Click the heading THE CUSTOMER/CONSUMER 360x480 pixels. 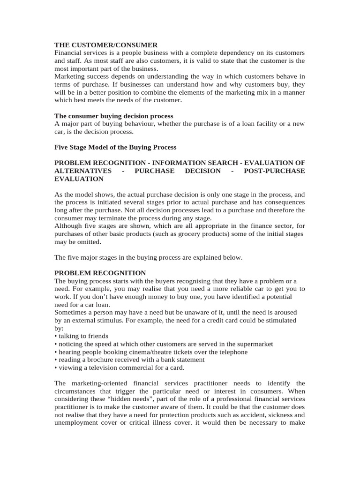[106, 45]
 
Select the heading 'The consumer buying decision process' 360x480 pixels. [114, 116]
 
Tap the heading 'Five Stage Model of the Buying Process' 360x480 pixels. [115, 147]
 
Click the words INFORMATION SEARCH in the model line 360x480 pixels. [191, 163]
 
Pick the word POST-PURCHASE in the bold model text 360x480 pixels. [274, 171]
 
